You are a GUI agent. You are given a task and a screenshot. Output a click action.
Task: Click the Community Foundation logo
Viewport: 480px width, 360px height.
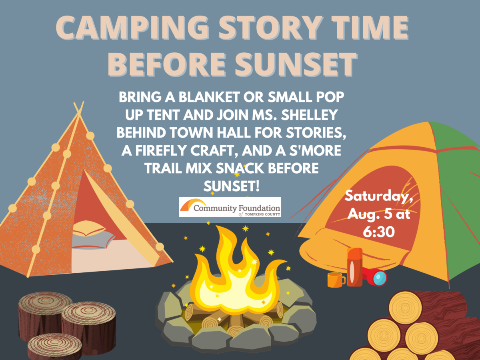point(230,207)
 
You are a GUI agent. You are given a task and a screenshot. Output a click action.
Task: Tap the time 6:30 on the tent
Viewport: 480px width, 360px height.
point(379,232)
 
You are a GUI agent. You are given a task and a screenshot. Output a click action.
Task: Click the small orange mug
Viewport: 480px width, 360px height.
point(335,280)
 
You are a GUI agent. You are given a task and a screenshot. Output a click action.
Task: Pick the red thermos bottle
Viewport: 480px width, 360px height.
point(354,267)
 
